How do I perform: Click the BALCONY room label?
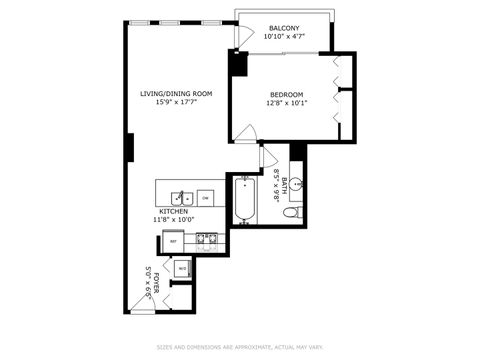(x=284, y=28)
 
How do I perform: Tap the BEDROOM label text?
(x=285, y=95)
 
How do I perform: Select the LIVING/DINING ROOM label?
(x=176, y=94)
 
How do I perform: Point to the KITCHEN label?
(x=174, y=212)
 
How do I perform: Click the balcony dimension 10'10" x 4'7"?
(x=284, y=37)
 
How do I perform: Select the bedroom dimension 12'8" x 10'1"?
(x=285, y=103)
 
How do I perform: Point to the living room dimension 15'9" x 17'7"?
(x=176, y=102)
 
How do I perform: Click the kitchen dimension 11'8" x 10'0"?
(x=174, y=220)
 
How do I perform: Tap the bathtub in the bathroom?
(x=245, y=200)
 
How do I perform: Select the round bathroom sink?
(x=297, y=185)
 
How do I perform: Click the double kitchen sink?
(x=181, y=197)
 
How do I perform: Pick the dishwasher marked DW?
(x=205, y=198)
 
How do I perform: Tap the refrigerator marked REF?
(x=173, y=241)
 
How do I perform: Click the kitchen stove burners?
(x=207, y=239)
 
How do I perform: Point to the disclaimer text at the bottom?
(x=239, y=347)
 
